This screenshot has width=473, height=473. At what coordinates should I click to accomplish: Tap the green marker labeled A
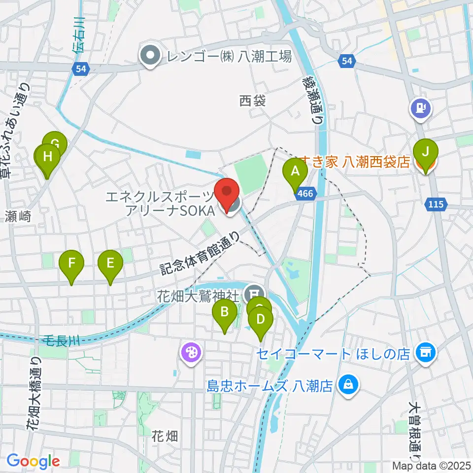pyautogui.click(x=295, y=173)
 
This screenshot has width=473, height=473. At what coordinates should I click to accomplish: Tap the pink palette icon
pyautogui.click(x=189, y=352)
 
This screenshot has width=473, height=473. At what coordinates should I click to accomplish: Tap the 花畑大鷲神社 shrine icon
pyautogui.click(x=253, y=291)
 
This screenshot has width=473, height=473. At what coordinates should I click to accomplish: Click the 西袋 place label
pyautogui.click(x=253, y=101)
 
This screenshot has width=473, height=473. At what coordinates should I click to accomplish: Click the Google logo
pyautogui.click(x=33, y=461)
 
